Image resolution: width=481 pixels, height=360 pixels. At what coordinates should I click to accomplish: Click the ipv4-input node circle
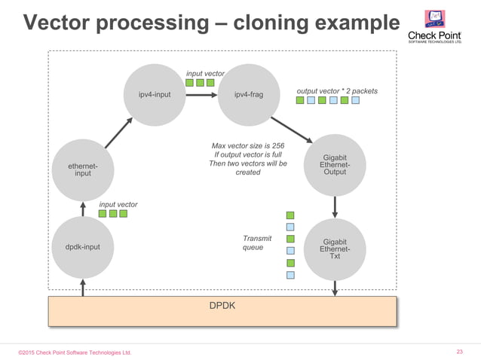[x=154, y=95]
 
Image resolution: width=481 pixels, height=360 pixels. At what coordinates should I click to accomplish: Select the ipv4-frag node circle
[x=248, y=95]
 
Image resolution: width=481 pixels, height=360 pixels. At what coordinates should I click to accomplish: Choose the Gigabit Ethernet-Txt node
[x=334, y=249]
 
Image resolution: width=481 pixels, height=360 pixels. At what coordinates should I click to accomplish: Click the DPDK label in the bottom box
[x=222, y=307]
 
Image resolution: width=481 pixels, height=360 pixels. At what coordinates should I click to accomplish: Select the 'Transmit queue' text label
[x=253, y=243]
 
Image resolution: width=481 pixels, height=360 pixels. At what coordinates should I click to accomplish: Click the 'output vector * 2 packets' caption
[x=336, y=91]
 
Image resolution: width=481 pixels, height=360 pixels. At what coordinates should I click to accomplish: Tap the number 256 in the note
[x=277, y=145]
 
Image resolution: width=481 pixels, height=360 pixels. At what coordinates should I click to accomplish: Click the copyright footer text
[x=75, y=352]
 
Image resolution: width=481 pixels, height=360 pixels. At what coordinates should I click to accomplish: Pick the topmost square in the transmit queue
[x=290, y=215]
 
